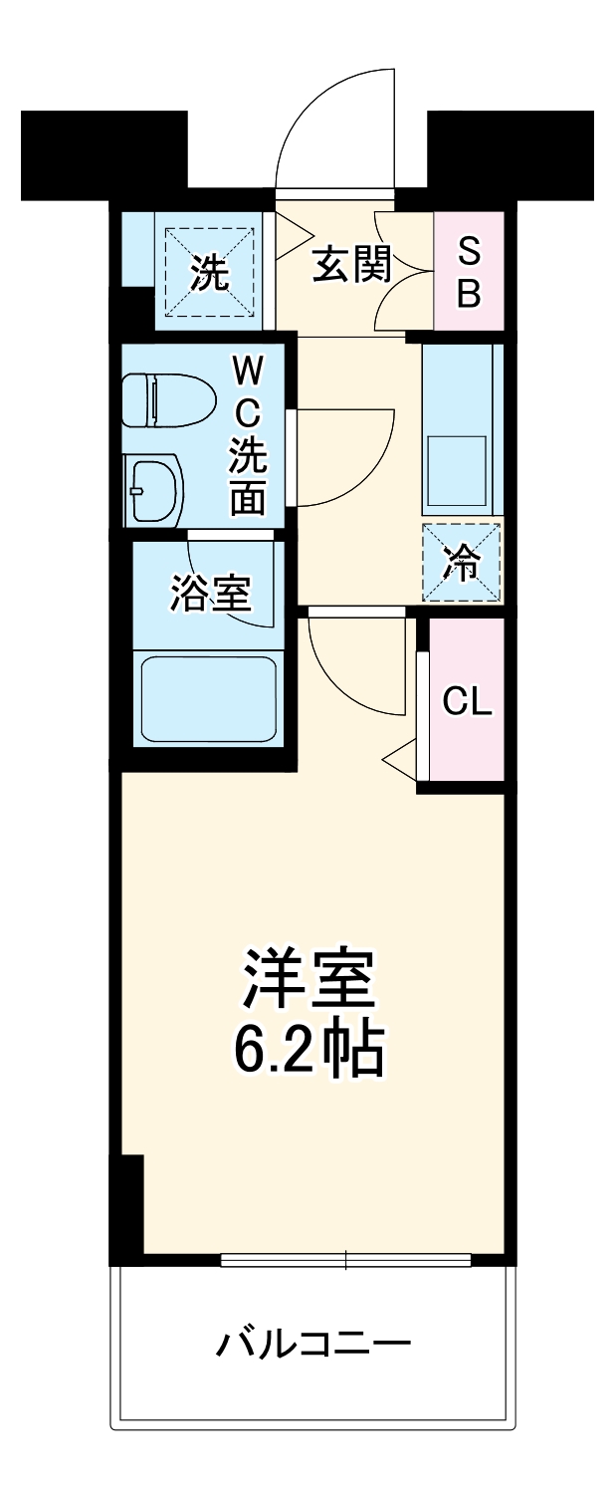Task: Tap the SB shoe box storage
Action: click(469, 271)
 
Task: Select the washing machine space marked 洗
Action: click(209, 271)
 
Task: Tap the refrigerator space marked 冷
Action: click(462, 563)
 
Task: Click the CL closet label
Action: click(467, 703)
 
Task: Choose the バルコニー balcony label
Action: click(312, 1347)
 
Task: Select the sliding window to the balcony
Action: click(345, 1260)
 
